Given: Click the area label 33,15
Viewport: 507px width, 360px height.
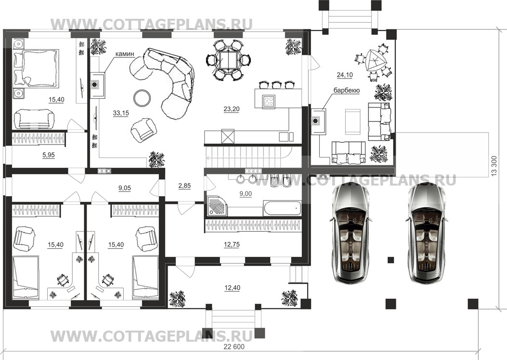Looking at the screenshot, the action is [120, 113].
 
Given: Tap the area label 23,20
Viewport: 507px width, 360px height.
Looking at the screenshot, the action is [232, 109].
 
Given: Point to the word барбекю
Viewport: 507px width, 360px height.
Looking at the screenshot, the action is [347, 91].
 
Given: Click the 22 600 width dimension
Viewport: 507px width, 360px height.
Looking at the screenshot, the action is [234, 347].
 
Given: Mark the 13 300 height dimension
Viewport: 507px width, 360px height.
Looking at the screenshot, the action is [494, 166].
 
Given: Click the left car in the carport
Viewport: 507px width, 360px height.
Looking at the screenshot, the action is [348, 234].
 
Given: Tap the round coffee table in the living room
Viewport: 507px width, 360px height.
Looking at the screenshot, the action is [142, 98].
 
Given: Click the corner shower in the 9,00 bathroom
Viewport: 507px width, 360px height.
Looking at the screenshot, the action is [217, 206].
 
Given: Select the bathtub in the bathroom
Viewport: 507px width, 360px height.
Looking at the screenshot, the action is [282, 209].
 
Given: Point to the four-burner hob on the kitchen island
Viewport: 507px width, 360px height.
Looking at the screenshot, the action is [269, 101].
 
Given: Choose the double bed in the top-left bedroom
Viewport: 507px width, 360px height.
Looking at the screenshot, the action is [36, 68].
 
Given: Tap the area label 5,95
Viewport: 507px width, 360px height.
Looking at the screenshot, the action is [49, 155].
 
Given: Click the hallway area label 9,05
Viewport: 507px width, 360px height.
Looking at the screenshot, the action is [125, 188].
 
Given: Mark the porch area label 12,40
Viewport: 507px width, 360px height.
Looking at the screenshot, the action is [232, 288].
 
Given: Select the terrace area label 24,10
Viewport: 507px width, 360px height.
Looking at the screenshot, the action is [345, 75].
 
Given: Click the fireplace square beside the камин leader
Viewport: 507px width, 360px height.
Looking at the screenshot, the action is [98, 85].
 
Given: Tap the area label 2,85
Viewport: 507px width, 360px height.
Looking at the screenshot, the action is [184, 186].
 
